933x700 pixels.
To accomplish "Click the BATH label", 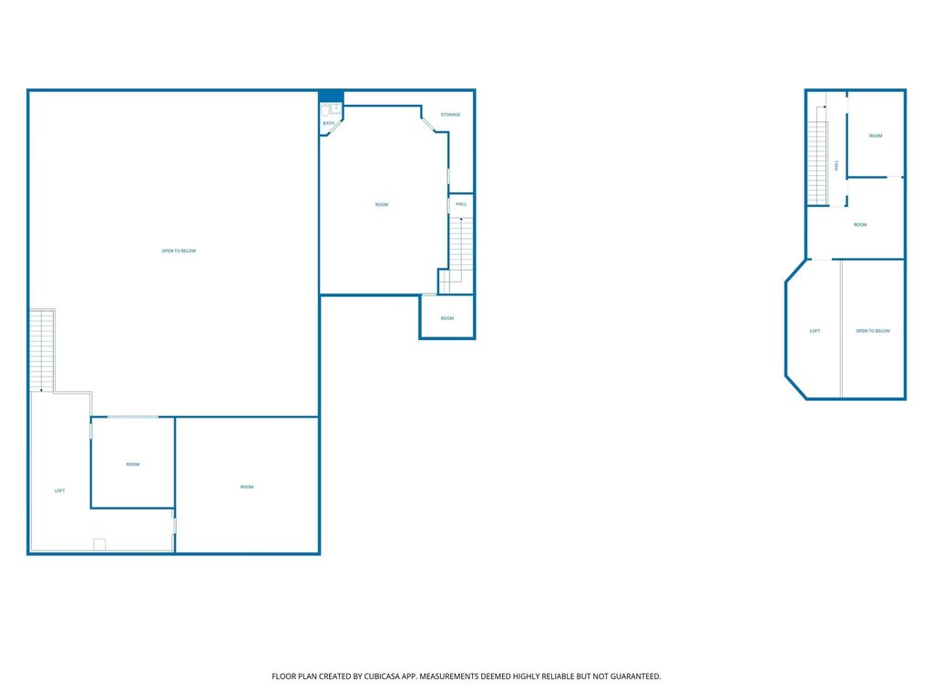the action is tap(328, 123).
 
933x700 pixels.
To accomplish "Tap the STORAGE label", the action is tap(450, 114).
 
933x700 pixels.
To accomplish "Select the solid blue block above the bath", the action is tap(331, 97).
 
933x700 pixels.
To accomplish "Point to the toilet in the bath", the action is tap(325, 110).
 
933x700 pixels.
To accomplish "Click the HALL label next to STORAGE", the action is tap(461, 204).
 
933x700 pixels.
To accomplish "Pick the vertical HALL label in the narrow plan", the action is tap(836, 165).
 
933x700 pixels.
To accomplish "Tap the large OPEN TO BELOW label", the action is tap(179, 252).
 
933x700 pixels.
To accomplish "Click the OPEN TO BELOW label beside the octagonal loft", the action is tap(873, 331).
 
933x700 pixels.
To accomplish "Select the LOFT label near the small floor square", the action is tap(59, 491).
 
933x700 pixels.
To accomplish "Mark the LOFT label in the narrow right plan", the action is tap(815, 331).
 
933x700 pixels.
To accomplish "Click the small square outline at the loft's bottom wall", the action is tap(99, 545).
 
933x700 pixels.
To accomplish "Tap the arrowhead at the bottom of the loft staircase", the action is tap(41, 390).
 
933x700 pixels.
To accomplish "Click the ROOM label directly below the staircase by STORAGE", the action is tap(446, 318).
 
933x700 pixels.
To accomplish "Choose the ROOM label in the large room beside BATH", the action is tap(382, 205).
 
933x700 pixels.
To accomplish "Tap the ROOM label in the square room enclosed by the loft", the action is tap(133, 464).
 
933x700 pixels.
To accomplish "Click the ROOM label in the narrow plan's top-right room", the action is tap(876, 136).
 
